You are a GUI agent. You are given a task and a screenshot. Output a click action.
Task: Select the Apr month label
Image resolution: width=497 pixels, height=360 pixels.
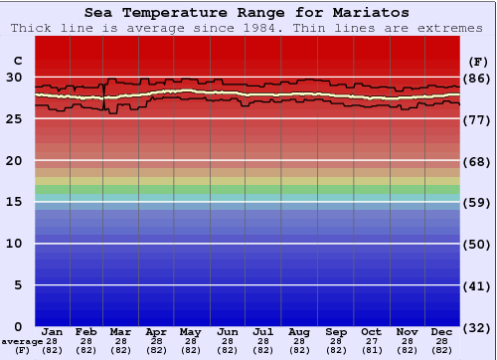click(156, 331)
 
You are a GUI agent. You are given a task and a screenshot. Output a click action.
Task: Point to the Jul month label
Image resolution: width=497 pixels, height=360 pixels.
click(263, 331)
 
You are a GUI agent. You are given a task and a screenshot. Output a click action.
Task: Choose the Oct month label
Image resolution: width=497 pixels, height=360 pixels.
click(371, 331)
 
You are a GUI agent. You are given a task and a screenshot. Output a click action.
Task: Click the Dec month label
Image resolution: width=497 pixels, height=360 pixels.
click(442, 331)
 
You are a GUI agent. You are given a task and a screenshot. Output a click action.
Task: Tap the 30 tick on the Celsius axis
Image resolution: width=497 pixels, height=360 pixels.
click(14, 77)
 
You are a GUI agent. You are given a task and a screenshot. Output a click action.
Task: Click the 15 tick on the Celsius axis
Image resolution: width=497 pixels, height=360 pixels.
click(14, 202)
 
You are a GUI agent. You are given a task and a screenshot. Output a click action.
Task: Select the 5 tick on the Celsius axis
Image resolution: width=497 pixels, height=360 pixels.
click(18, 285)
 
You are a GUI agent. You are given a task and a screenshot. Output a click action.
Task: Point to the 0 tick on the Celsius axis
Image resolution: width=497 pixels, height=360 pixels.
click(18, 327)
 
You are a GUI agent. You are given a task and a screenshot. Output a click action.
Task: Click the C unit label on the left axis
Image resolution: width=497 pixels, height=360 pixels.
click(17, 61)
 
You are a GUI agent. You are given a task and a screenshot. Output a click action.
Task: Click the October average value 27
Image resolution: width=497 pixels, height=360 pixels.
click(371, 341)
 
